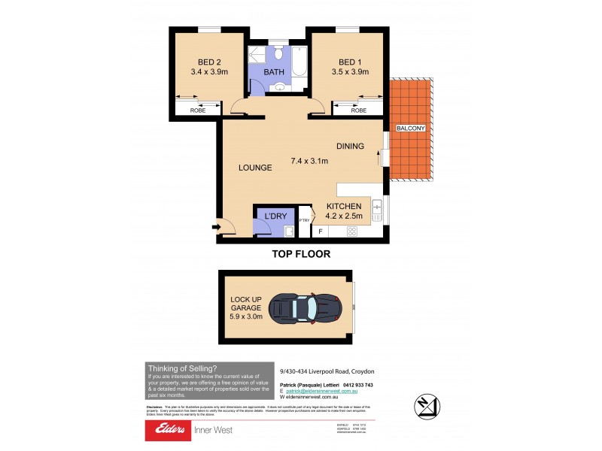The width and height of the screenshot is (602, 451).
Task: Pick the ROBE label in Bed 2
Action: (x=197, y=110)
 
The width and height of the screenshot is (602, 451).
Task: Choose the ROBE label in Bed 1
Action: (x=359, y=110)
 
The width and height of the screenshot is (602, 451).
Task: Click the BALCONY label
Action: (x=411, y=129)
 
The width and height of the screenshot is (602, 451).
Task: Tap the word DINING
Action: (x=350, y=147)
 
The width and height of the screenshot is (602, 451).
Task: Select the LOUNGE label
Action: (x=255, y=168)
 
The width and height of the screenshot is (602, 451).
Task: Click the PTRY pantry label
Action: (x=304, y=220)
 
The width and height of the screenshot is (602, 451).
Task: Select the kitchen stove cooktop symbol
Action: (x=351, y=232)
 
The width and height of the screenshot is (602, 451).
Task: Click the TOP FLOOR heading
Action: (x=301, y=254)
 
